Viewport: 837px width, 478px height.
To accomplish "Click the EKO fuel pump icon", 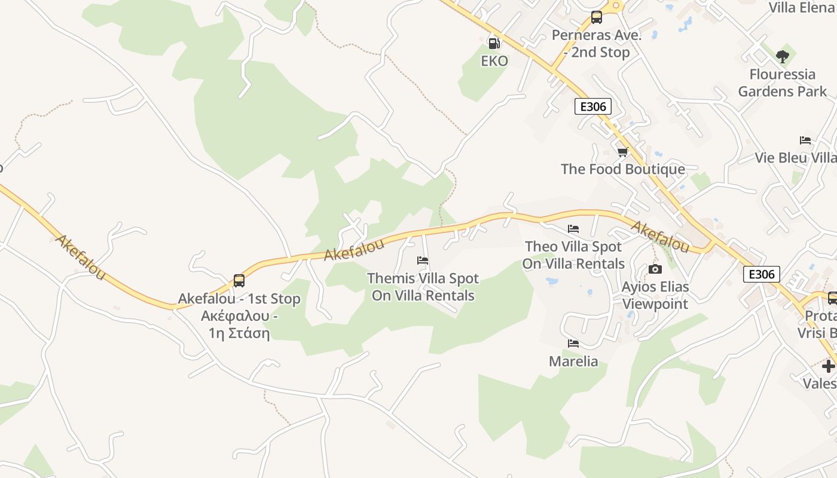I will click(x=494, y=43).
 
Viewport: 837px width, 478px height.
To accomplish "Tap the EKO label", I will click(x=494, y=61).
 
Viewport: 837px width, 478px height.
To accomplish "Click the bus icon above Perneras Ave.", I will click(x=597, y=17).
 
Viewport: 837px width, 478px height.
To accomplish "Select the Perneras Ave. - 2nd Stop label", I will click(x=596, y=44).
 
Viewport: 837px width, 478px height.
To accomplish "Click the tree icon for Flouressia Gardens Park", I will click(x=783, y=57).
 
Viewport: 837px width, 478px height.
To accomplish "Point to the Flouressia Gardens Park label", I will click(x=783, y=83).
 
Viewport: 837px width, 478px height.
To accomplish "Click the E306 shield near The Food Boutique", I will click(x=593, y=107).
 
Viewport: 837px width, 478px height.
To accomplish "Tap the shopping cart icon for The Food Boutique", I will click(x=623, y=152).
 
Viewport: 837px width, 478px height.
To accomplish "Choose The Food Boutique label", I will click(x=623, y=169).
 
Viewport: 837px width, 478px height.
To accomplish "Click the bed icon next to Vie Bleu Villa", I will click(x=805, y=141).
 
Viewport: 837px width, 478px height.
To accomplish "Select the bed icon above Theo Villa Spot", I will click(x=573, y=229).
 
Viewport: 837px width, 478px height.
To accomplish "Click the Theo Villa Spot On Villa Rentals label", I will click(x=573, y=255).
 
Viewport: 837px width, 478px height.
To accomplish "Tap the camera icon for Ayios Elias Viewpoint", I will click(x=655, y=269).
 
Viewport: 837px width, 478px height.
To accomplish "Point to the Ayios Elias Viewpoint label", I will click(x=655, y=295).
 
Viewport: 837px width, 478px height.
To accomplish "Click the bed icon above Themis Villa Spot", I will click(x=423, y=261).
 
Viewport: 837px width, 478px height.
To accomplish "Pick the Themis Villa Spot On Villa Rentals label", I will click(x=423, y=287).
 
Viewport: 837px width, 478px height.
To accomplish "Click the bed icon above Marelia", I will click(x=573, y=344).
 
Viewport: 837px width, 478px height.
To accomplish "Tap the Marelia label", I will click(x=573, y=361).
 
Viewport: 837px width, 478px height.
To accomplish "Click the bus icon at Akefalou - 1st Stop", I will click(x=239, y=281).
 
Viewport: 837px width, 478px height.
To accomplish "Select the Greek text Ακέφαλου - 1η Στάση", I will click(x=239, y=324).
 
